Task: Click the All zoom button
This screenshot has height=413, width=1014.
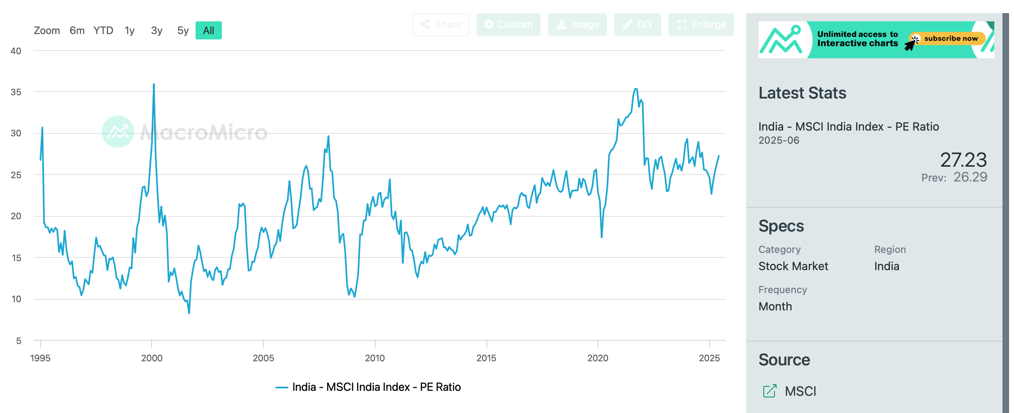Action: click(208, 30)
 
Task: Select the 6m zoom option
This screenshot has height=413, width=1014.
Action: click(77, 30)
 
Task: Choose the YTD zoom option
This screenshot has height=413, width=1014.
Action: click(103, 30)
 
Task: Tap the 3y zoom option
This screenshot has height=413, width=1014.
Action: click(157, 30)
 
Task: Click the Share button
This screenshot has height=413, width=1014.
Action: click(440, 25)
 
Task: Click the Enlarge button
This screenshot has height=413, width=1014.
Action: click(701, 25)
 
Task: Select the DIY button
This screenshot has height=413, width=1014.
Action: click(637, 25)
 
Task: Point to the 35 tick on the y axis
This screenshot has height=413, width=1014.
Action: click(16, 92)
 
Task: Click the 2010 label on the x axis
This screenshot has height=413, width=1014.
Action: click(375, 358)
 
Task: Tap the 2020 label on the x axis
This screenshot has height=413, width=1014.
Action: click(597, 358)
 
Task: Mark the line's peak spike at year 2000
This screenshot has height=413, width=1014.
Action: click(154, 85)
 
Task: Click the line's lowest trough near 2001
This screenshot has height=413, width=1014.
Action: click(189, 313)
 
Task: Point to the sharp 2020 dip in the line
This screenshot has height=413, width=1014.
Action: click(601, 237)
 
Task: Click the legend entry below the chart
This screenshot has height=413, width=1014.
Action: click(368, 387)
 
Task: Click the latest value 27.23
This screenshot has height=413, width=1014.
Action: click(963, 160)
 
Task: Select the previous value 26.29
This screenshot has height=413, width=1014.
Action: click(970, 177)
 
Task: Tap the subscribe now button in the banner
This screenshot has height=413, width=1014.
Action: click(950, 39)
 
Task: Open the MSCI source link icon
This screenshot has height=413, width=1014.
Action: click(770, 391)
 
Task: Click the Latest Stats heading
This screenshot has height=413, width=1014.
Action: click(802, 93)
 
